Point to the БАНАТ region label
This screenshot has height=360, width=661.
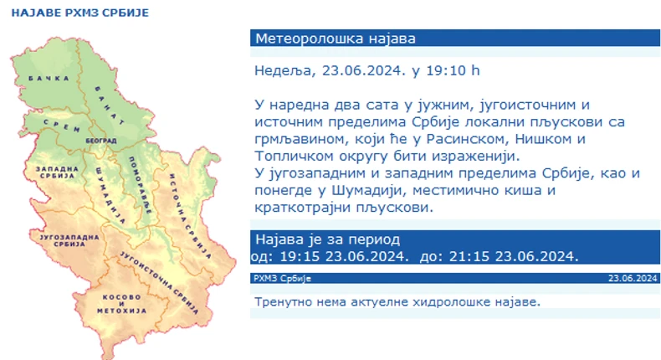pos(107,99)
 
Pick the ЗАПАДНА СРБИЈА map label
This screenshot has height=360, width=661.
pos(55,173)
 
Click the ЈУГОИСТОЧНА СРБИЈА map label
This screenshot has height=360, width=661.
pos(159,280)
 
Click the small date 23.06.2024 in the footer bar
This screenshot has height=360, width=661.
pos(633,278)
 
